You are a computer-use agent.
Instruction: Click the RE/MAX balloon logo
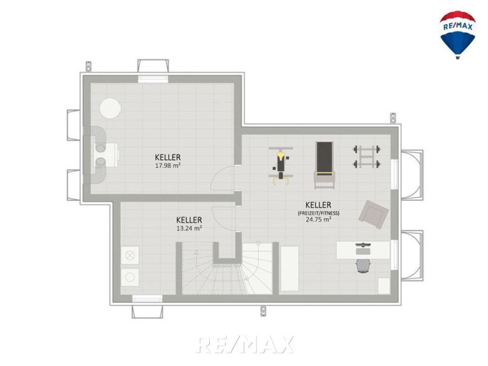tap(457, 35)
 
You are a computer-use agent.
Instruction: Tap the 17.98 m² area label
tap(168, 165)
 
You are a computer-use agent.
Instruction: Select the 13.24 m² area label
tap(189, 228)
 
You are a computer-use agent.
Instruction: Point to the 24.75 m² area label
tap(318, 219)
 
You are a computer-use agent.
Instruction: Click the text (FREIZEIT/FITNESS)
tap(318, 213)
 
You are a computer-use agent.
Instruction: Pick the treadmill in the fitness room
tap(324, 165)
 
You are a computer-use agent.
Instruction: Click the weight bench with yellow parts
tap(281, 166)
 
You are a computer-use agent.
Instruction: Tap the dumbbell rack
tap(366, 156)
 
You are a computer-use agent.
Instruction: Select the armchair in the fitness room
tap(373, 214)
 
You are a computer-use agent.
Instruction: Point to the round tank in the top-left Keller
tap(111, 108)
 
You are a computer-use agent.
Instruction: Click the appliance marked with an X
tap(130, 255)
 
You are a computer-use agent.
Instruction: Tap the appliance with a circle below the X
tap(130, 277)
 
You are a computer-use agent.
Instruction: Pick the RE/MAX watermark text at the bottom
tap(245, 344)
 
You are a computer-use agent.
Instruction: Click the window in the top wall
tap(153, 79)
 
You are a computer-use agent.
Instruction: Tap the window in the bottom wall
tap(147, 299)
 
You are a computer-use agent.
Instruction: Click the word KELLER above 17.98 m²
tap(168, 157)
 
